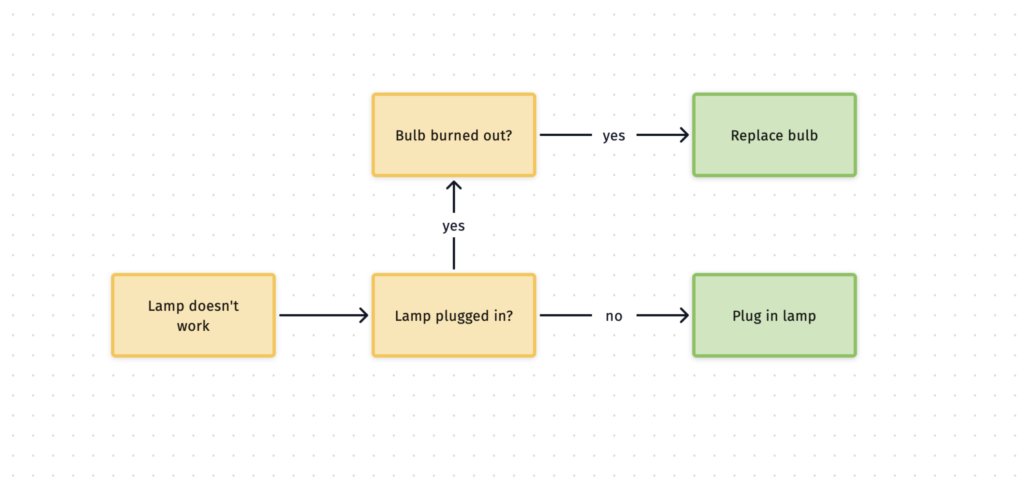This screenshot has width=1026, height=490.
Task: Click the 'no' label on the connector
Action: coord(613,316)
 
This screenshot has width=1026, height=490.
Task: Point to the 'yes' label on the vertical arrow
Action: coord(453,226)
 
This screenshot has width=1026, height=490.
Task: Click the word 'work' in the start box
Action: coord(193,326)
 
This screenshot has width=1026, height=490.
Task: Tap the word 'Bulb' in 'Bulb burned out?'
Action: coord(410,135)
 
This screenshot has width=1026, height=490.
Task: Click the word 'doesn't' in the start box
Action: coord(213,306)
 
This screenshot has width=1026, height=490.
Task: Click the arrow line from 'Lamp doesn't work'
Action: coord(319,315)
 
